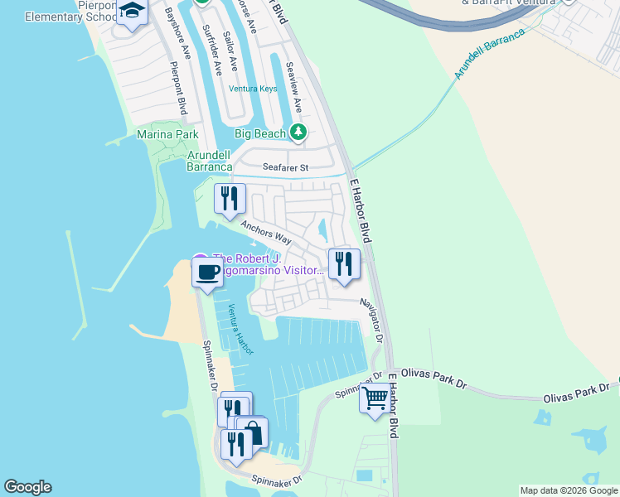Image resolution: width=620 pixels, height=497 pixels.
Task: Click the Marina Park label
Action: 167,134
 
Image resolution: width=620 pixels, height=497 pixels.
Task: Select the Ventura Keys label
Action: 253,89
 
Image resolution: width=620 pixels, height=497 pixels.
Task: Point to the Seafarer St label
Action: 285,167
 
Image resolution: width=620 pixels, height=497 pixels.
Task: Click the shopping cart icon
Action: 375,398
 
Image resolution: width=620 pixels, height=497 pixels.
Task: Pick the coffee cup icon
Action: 207,271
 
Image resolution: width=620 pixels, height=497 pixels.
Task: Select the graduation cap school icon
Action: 131,11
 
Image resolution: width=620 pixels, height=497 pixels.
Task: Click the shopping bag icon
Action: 253,432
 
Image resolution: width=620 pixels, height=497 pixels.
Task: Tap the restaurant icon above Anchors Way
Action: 230,198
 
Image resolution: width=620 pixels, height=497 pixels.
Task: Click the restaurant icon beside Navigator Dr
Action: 344,263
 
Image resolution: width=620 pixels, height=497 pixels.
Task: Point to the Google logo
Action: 27,487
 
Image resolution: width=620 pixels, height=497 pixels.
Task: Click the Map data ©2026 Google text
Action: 569,490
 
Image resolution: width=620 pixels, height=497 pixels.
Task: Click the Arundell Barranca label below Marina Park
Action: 208,161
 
